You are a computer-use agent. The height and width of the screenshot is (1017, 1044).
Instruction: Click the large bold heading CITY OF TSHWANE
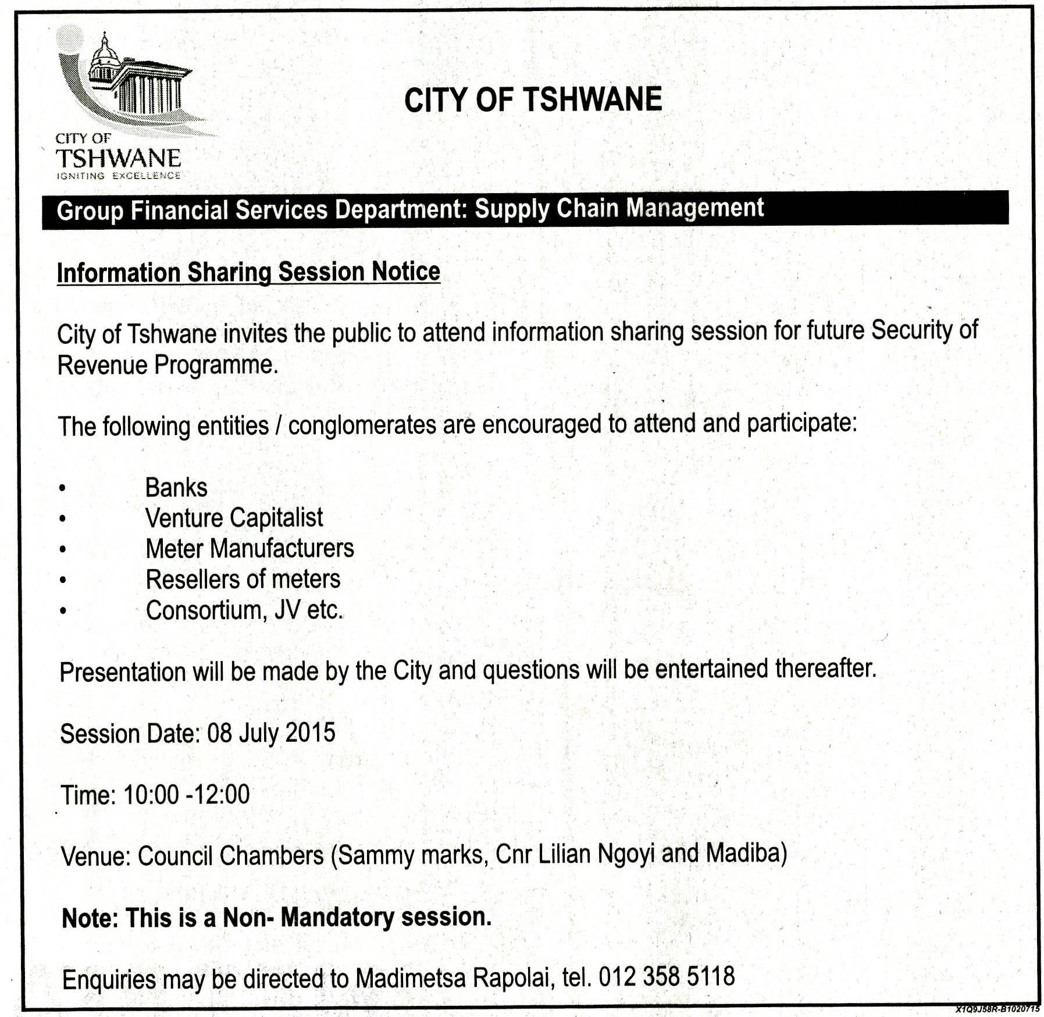(x=533, y=99)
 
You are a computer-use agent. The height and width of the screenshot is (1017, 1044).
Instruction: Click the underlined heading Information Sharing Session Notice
(x=248, y=272)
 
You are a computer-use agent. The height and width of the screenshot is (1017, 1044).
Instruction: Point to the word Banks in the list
(x=176, y=488)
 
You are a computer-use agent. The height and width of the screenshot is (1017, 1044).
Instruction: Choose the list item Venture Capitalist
(x=234, y=518)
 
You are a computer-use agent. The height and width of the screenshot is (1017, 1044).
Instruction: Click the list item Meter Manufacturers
(x=250, y=549)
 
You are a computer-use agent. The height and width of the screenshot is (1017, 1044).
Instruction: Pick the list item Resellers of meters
(x=243, y=579)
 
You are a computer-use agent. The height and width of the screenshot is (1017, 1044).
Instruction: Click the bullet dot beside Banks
(x=62, y=488)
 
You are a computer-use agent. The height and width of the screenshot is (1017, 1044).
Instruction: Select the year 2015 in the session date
(x=310, y=732)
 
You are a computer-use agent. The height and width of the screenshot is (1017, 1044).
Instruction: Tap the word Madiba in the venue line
(x=746, y=853)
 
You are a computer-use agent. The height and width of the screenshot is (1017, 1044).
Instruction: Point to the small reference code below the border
(x=997, y=1009)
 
